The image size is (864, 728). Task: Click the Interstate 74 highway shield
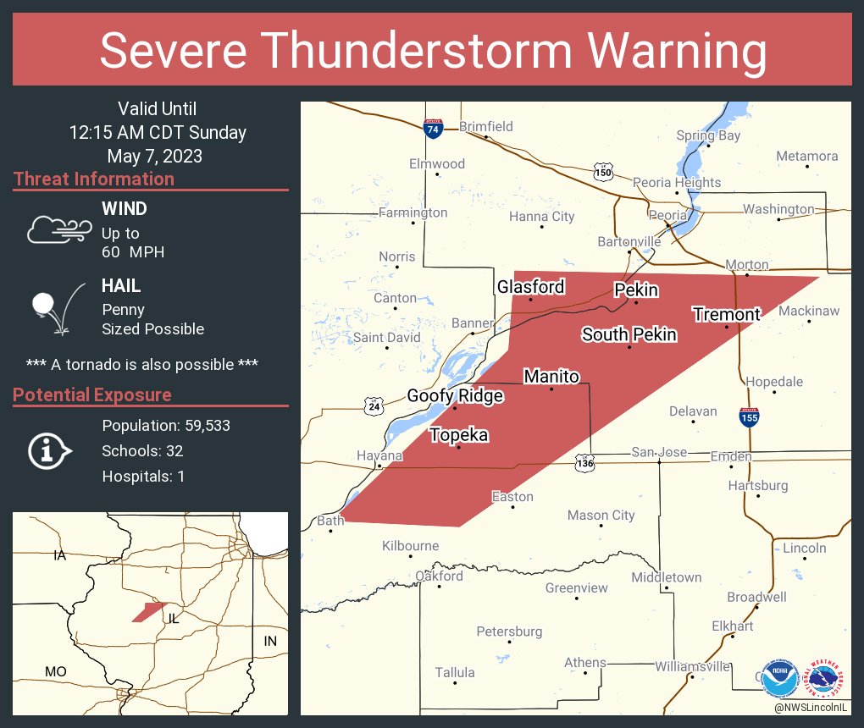click(433, 129)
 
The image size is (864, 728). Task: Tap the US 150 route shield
click(602, 172)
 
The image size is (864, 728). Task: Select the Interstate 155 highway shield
click(748, 416)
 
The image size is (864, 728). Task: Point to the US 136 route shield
click(584, 463)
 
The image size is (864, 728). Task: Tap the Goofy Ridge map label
click(455, 395)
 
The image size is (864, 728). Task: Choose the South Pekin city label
click(629, 334)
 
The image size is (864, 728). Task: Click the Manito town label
click(551, 376)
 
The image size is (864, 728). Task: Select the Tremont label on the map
click(726, 314)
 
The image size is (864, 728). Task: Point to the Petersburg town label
click(508, 631)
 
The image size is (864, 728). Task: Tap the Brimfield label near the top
click(485, 126)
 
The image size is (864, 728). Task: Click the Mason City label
click(601, 515)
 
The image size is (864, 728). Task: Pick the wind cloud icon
click(57, 229)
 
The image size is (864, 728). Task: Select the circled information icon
click(50, 450)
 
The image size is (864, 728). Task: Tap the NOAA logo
click(778, 677)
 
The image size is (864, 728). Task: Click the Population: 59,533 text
click(166, 425)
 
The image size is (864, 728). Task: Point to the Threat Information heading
click(94, 179)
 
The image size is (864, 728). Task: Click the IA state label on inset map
click(59, 555)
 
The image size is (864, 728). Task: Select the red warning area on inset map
click(149, 611)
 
